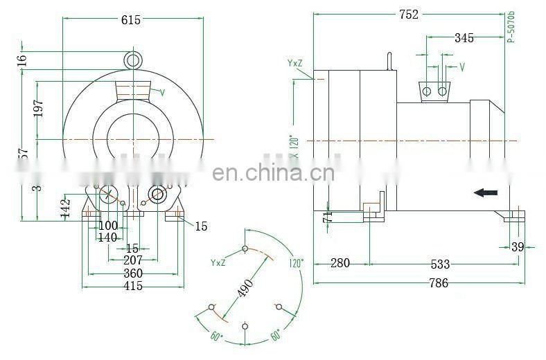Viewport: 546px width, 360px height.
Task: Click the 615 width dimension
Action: click(x=130, y=20)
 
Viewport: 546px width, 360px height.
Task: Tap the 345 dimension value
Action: click(x=464, y=38)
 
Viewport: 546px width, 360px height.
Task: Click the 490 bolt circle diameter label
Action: click(x=245, y=287)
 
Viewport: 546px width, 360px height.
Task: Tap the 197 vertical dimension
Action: click(x=39, y=109)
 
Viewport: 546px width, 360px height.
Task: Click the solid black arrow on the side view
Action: click(x=486, y=192)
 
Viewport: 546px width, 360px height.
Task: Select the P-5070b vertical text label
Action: click(x=511, y=27)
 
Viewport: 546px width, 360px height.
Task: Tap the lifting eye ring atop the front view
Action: click(x=134, y=60)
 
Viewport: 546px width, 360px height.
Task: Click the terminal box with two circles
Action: click(x=434, y=91)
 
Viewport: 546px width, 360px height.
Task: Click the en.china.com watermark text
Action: click(x=272, y=172)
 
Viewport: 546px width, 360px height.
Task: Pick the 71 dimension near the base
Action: click(x=327, y=217)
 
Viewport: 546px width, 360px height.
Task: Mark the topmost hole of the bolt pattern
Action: click(x=245, y=248)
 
